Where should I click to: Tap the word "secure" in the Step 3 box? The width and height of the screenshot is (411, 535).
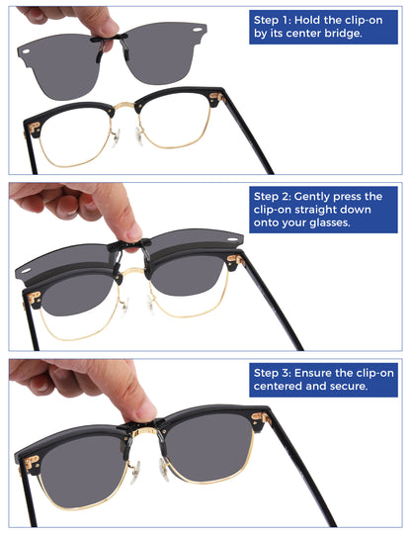click(x=348, y=387)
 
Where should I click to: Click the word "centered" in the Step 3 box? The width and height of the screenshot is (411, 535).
click(x=281, y=387)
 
